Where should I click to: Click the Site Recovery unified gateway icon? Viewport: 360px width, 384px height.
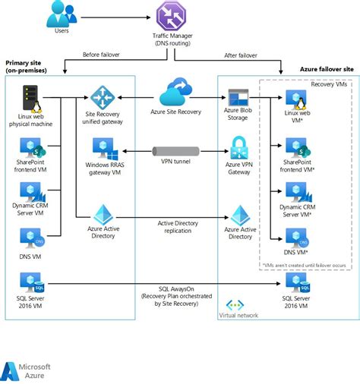[x=101, y=97]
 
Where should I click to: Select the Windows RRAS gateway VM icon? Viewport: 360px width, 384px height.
[x=103, y=148]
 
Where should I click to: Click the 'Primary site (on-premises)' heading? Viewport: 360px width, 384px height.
[x=27, y=67]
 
